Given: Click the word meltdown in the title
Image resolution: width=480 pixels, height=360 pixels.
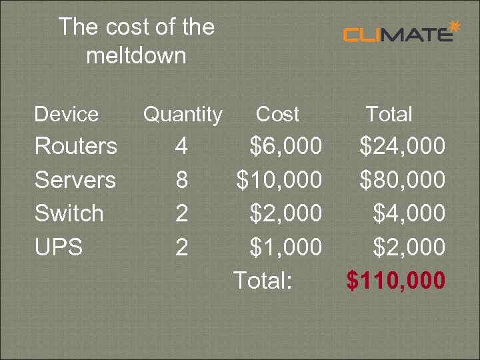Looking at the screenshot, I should coord(136,55).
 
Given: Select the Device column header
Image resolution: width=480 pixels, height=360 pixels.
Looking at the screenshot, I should coord(66,114).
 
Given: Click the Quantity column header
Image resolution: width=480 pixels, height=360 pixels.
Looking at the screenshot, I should coord(183,114).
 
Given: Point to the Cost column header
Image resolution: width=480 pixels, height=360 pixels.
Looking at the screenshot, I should coord(277,114).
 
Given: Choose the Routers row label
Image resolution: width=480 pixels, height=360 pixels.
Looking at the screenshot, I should coord(75,145).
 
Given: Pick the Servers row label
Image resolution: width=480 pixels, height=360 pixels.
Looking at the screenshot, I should coord(75,179).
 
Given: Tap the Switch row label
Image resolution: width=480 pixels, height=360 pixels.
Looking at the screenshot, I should coord(69,213).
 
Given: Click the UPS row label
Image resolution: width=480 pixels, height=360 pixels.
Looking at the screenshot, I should coord(59,247).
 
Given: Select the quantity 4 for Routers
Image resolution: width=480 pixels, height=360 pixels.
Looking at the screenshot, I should coord(181,145).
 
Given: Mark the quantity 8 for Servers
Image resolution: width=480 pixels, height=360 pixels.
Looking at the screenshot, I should coord(181,179).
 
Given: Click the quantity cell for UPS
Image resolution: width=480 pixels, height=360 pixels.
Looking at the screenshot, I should coord(181,247).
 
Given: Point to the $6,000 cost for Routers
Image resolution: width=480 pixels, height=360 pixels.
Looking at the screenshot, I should coord(285,145).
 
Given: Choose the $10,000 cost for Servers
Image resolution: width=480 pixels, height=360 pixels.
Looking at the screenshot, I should coord(279,179).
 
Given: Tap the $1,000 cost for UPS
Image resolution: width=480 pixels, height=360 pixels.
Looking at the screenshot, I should coord(285,247).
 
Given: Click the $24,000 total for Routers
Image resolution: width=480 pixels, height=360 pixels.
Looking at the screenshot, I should coord(402,145).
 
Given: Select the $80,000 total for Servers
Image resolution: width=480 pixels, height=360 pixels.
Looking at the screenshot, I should coord(402,179).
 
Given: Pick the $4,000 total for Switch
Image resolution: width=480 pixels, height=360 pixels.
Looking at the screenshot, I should coord(408,213).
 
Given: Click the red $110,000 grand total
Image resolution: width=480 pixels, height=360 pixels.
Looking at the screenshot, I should coord(395,281).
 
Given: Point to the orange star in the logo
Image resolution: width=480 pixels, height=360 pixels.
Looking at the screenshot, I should coord(455,26).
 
